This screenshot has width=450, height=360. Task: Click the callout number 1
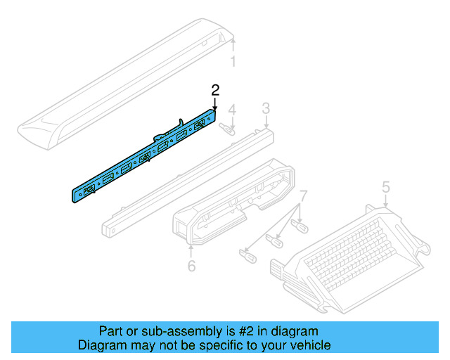pos(233,62)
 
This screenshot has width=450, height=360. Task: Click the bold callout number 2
pos(216,90)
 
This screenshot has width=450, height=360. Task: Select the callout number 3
pos(266,108)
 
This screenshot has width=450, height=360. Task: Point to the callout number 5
pos(385,186)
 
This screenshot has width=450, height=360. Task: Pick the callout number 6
pos(191,266)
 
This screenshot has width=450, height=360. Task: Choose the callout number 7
pos(303,194)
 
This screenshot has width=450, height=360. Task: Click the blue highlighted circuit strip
pos(141,158)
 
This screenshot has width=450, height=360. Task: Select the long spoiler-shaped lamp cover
pos(127,84)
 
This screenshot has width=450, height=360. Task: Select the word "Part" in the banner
pos(109,331)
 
